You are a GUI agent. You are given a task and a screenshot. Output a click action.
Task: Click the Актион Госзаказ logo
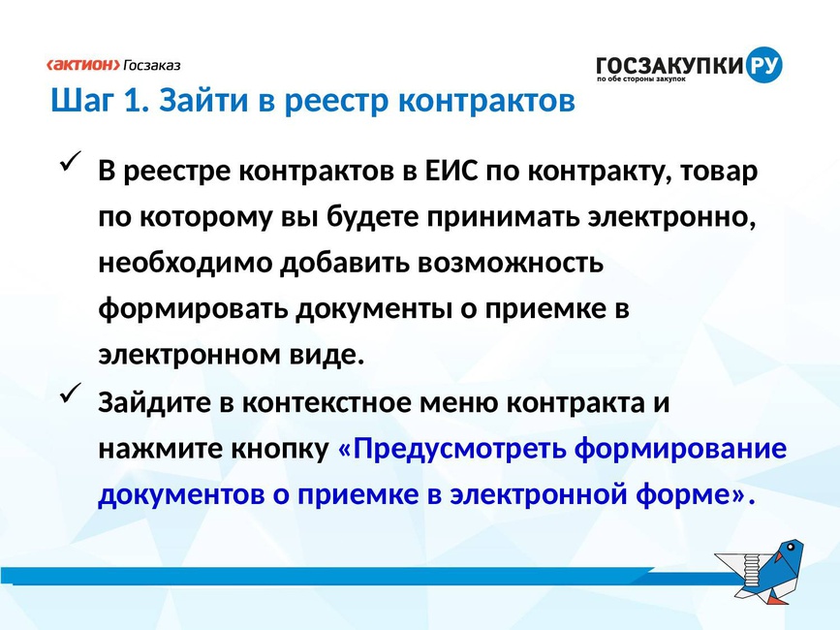(x=113, y=65)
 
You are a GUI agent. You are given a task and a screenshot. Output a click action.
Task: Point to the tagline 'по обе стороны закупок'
(x=641, y=79)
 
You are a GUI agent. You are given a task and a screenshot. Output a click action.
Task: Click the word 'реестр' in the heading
(x=336, y=102)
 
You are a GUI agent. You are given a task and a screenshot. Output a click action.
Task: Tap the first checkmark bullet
(x=70, y=161)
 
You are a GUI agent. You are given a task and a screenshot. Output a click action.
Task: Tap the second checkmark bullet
(x=70, y=393)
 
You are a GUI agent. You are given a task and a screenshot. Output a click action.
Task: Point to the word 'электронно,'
(x=671, y=217)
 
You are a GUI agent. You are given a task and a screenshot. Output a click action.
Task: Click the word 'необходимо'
(x=185, y=263)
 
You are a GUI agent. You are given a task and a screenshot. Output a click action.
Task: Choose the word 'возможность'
(x=511, y=264)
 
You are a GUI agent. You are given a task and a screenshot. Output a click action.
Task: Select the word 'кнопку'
(x=280, y=449)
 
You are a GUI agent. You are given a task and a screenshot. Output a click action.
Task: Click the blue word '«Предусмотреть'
(x=451, y=449)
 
